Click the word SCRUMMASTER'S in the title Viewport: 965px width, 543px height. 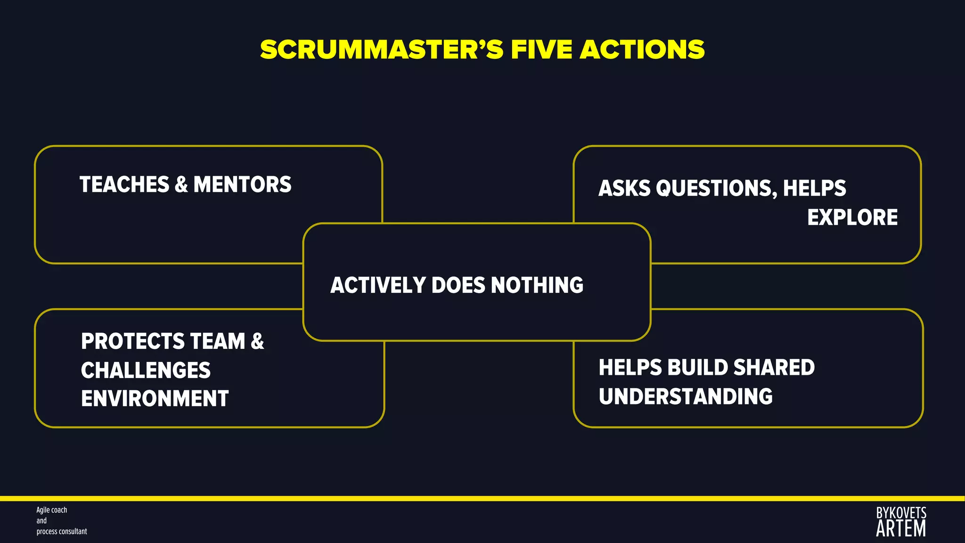pos(382,50)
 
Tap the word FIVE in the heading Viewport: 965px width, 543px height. pos(542,50)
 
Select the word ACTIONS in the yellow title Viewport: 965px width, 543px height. pos(642,50)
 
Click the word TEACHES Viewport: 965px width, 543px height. pos(124,184)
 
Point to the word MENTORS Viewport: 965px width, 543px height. pos(242,184)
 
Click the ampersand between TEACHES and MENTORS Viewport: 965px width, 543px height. pos(181,184)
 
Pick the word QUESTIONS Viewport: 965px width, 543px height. pos(716,188)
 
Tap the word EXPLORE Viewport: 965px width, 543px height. pos(852,217)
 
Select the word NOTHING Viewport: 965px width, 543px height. pos(537,285)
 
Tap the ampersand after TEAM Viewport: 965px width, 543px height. pos(257,341)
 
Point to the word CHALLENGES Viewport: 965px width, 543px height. pos(146,370)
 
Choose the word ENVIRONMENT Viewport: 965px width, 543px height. pos(155,398)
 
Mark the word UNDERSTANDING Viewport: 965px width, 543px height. pos(686,396)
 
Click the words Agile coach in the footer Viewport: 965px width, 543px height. pos(52,510)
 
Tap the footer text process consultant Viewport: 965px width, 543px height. pos(62,531)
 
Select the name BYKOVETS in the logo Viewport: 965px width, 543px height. pos(901,513)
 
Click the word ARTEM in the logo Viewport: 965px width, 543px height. pos(901,529)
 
